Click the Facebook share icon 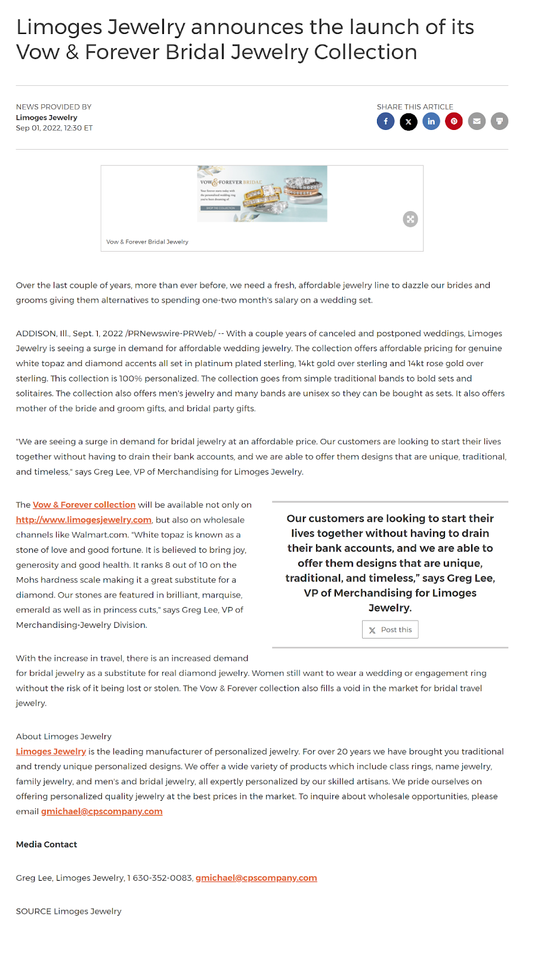[385, 122]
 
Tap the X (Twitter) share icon [409, 122]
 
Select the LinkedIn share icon [431, 122]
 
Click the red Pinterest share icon [454, 122]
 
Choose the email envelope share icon [477, 122]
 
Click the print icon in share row [499, 122]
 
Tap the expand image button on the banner [410, 219]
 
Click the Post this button [390, 630]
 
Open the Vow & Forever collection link [84, 505]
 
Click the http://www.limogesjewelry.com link [84, 520]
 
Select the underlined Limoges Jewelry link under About [51, 752]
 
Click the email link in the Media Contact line [256, 878]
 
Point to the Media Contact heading [47, 844]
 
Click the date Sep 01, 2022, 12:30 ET [54, 128]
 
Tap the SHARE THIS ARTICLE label [415, 107]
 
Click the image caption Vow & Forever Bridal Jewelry [147, 242]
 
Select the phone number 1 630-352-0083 [159, 878]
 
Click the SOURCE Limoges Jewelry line [69, 911]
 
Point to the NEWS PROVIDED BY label [54, 107]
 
